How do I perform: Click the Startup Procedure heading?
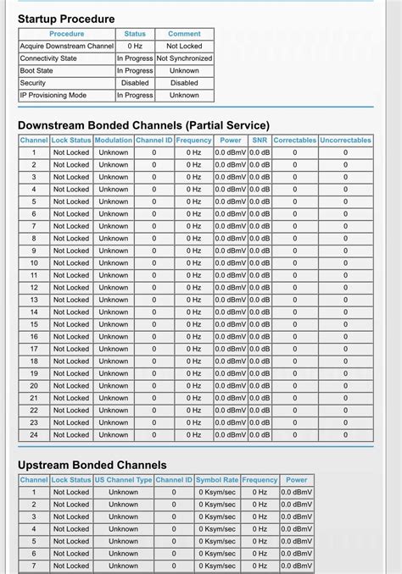click(66, 19)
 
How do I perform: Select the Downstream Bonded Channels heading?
click(143, 125)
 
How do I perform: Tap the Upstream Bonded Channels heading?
click(92, 465)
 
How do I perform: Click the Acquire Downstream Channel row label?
click(67, 46)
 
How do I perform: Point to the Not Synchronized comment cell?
click(184, 58)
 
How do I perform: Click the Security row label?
click(33, 83)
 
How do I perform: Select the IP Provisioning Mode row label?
click(53, 96)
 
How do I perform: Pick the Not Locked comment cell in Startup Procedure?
click(184, 46)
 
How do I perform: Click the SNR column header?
click(260, 140)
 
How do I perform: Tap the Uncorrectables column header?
click(345, 140)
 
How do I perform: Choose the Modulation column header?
click(114, 140)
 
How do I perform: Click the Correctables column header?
click(295, 140)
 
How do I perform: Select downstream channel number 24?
click(34, 434)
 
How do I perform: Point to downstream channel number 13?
click(34, 300)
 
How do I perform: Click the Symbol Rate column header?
click(218, 479)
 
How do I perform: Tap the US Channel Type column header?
click(123, 479)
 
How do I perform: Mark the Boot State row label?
click(37, 71)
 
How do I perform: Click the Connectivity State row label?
click(48, 58)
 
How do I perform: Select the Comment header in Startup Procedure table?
click(184, 34)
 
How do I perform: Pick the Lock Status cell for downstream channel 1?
click(71, 152)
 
